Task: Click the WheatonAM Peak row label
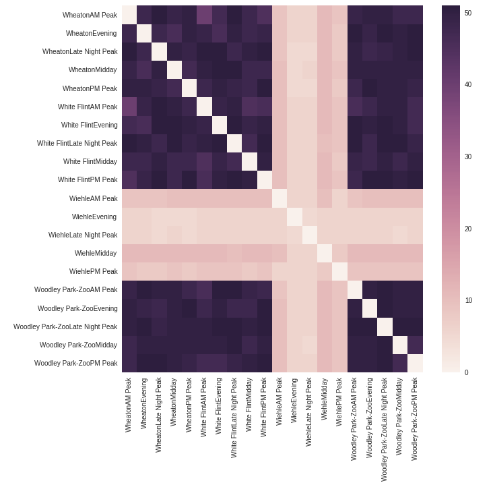tap(90, 15)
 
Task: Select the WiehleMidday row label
tap(96, 253)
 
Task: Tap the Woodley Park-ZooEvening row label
tap(77, 308)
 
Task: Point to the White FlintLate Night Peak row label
tap(77, 143)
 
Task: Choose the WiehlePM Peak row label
tap(93, 271)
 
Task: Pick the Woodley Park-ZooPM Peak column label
tap(415, 418)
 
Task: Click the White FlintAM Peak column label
tap(204, 407)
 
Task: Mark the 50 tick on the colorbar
tap(467, 13)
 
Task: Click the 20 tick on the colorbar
tap(467, 229)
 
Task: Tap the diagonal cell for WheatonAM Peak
tap(129, 15)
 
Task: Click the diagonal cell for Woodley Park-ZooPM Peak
tap(415, 363)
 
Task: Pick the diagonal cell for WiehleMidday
tap(325, 253)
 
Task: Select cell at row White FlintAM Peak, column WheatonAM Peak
tap(129, 107)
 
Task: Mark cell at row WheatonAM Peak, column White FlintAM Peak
tap(204, 15)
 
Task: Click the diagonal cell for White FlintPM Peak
tap(265, 179)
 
